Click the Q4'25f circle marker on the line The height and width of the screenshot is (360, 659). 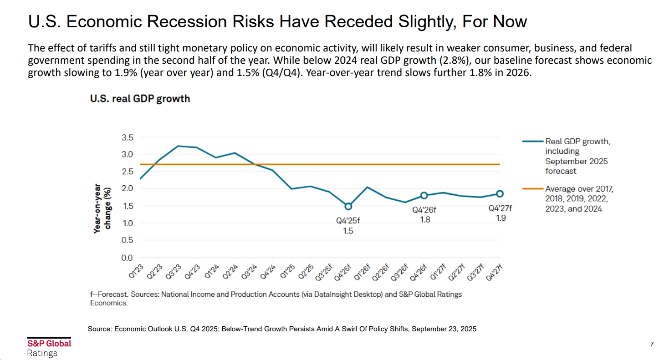click(x=348, y=206)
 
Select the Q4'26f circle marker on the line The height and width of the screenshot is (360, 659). click(x=424, y=195)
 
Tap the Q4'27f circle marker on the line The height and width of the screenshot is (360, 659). click(x=500, y=194)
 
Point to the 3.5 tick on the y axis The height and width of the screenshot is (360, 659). click(x=128, y=137)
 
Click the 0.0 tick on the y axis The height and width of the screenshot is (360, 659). click(x=128, y=258)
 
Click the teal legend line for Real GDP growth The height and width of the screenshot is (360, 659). click(x=532, y=142)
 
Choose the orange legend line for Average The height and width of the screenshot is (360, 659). click(x=532, y=188)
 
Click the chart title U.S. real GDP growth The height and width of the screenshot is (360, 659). click(x=140, y=98)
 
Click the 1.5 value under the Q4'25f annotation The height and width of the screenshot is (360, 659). click(x=348, y=231)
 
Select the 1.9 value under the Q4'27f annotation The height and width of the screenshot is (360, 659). click(x=500, y=218)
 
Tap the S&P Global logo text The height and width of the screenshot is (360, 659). click(x=49, y=344)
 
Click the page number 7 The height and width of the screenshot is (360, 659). click(x=652, y=344)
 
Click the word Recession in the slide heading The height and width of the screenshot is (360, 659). click(x=192, y=21)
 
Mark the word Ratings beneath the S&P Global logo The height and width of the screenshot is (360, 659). click(x=42, y=353)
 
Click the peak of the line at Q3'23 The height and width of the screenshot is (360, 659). click(x=178, y=146)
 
